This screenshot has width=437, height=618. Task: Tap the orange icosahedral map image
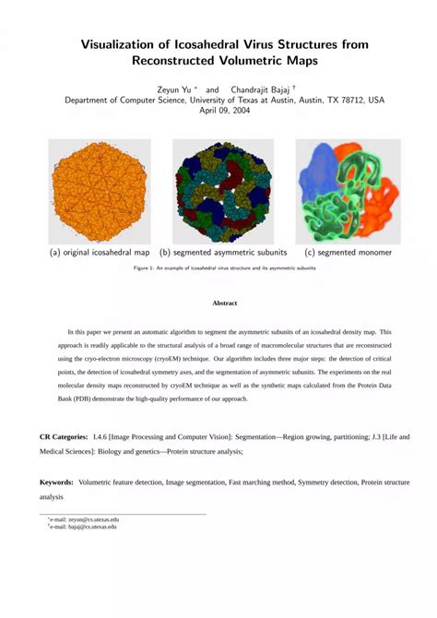(x=100, y=190)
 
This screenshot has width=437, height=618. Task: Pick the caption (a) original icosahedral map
(x=100, y=252)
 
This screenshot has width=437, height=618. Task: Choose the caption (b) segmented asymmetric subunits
(x=222, y=252)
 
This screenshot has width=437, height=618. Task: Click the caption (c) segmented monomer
(x=348, y=252)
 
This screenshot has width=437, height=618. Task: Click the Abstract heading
(x=225, y=303)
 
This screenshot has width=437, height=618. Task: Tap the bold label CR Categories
(x=64, y=433)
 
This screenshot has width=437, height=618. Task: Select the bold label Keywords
(x=57, y=481)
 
